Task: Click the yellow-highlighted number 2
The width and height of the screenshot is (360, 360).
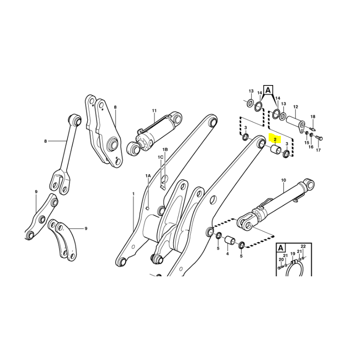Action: (275, 139)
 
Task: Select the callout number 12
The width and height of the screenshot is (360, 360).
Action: (296, 107)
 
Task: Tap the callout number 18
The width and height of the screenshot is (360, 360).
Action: (313, 117)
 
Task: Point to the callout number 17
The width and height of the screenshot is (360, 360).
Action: (318, 150)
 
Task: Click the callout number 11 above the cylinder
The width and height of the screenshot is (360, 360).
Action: (154, 111)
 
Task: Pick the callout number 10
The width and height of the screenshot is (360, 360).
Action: (283, 180)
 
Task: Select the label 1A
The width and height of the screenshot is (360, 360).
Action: (148, 175)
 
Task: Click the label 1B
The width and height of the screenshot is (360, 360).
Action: (165, 150)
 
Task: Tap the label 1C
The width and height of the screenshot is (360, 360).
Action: (161, 157)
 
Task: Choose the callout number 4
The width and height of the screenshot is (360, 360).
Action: (227, 254)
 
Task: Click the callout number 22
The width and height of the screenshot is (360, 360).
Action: (303, 246)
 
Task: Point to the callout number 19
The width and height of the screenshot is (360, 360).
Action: (293, 254)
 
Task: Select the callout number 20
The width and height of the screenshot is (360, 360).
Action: (281, 260)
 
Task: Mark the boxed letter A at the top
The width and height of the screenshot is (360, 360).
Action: (268, 90)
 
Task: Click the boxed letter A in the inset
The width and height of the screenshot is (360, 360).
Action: (280, 248)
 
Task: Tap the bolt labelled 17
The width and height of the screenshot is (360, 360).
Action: (319, 138)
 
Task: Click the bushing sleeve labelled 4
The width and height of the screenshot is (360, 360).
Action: (229, 240)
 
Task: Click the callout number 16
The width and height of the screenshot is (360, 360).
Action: (310, 147)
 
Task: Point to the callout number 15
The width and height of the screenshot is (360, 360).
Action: (307, 143)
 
